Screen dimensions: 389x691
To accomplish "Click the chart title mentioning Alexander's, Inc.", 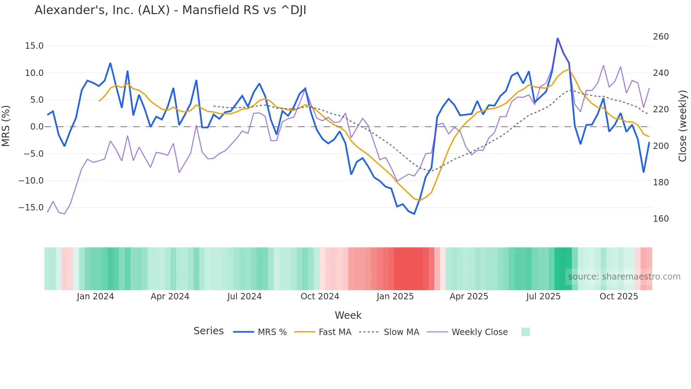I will coord(170,10).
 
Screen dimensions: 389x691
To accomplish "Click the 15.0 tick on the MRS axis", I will coord(34,46).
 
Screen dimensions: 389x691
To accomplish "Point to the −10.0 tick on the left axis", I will coord(31,181).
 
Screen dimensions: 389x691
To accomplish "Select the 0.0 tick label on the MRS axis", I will coord(37,127).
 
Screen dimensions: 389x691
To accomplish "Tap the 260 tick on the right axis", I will coord(661,37).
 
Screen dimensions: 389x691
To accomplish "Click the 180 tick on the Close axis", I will coord(661,182).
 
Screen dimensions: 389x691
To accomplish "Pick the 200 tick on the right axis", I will coord(661,146).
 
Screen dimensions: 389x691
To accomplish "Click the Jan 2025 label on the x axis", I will coord(395,297).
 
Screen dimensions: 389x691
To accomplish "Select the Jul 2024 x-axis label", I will coord(244,297).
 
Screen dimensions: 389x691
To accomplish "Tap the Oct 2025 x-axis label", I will coord(619,297).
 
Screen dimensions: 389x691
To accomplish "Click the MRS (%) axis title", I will coord(6,126).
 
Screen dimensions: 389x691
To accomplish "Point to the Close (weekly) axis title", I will coord(683,126).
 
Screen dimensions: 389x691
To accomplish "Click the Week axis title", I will coord(348,315).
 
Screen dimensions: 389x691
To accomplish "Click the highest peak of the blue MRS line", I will coord(558,38).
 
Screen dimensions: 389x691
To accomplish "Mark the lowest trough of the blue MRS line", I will coord(414,214).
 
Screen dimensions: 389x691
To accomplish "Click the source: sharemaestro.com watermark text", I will coord(624,277).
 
